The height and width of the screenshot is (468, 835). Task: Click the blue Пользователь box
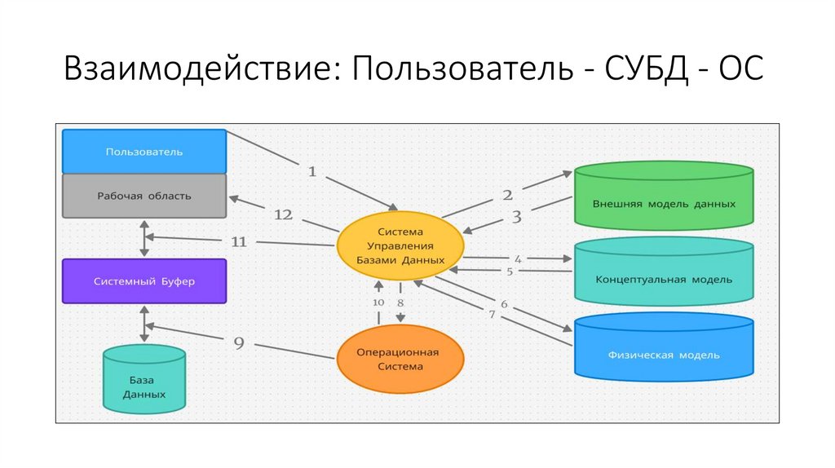coord(144,152)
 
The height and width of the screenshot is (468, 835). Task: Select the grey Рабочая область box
coord(144,196)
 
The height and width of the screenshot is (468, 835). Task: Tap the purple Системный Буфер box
coord(144,281)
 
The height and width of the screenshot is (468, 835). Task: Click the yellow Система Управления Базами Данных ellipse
coord(400,245)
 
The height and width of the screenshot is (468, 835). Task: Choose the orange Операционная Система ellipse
coord(400,360)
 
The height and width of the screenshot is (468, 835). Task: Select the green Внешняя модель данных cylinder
coord(664,196)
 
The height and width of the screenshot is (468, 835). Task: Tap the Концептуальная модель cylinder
coord(664,273)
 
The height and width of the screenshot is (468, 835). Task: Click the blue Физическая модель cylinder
coord(664,349)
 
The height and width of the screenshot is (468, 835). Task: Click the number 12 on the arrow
coord(283,214)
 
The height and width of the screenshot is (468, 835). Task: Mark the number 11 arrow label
coord(239,241)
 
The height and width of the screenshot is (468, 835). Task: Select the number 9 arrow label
coord(239,343)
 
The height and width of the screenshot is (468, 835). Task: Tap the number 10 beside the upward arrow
coord(378,302)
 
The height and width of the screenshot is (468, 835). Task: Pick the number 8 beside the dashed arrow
coord(400,302)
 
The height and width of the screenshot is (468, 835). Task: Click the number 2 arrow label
coord(507,195)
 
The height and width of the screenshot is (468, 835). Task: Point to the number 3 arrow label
coord(516,217)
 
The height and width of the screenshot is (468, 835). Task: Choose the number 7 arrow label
coord(492,314)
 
